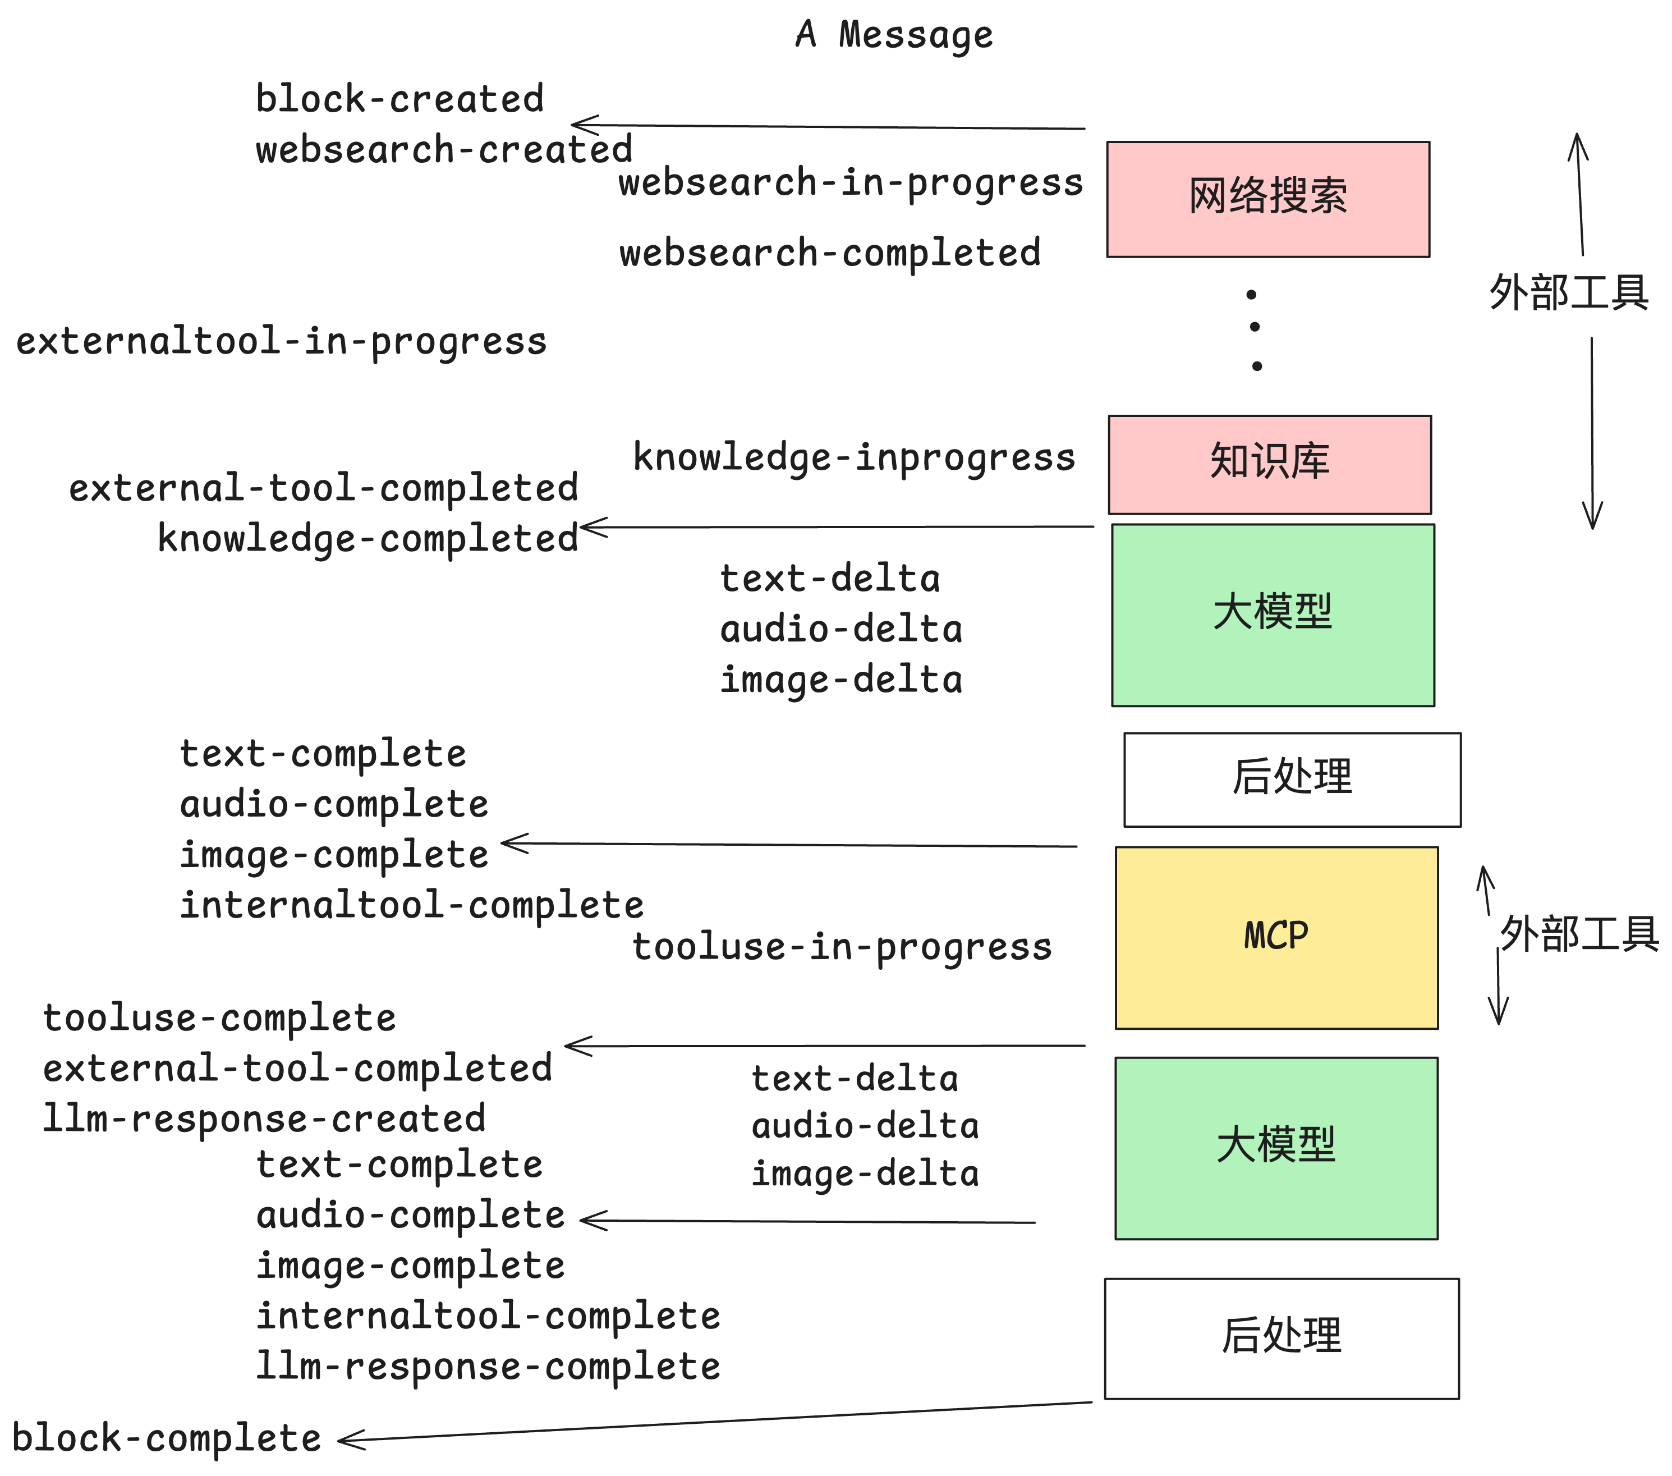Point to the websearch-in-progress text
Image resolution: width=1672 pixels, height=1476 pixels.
coord(850,182)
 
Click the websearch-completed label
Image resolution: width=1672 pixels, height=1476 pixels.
coord(829,253)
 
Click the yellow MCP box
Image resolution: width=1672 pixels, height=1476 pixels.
coord(1275,937)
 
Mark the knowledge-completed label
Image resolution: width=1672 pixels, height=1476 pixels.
coord(368,538)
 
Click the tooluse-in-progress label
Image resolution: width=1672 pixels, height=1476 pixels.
coord(841,947)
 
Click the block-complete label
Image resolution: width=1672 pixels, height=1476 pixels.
coord(166,1437)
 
